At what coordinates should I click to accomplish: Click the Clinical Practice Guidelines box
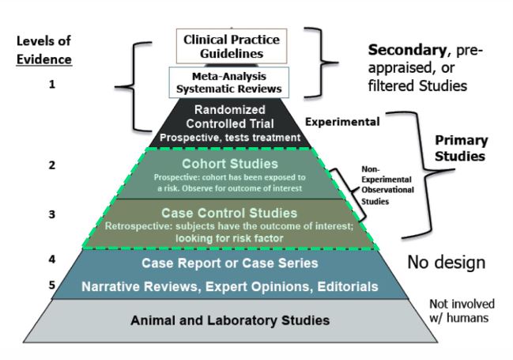[232, 46]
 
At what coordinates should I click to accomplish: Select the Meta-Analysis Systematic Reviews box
[229, 82]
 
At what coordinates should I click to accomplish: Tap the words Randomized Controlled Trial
[230, 116]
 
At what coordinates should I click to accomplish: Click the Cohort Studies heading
[230, 164]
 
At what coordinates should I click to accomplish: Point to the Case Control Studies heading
[229, 213]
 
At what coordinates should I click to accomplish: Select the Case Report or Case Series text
[230, 263]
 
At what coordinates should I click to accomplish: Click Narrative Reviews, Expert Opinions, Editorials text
[230, 286]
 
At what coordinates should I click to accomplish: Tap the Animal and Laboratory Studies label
[230, 320]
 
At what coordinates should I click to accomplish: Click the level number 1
[51, 85]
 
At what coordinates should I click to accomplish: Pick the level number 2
[52, 165]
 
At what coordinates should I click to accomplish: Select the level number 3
[52, 214]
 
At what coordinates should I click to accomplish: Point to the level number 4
[52, 260]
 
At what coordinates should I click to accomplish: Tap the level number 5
[52, 285]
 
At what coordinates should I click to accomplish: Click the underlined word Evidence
[44, 59]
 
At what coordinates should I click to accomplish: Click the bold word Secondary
[407, 50]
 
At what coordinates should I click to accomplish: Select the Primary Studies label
[462, 148]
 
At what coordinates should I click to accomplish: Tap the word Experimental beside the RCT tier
[342, 122]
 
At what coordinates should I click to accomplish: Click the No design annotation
[447, 263]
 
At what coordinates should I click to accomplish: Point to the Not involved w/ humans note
[462, 310]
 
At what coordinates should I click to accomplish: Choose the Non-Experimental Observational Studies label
[387, 185]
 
